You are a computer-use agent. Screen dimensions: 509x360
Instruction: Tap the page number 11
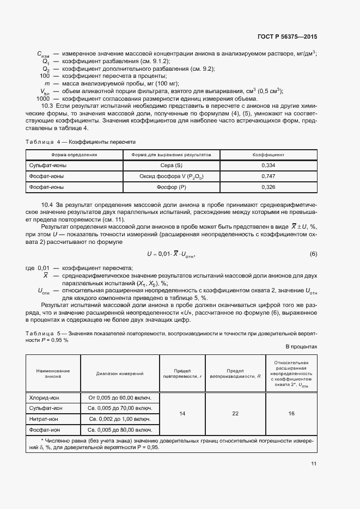(x=314, y=464)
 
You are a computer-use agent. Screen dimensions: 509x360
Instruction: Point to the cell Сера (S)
(x=172, y=165)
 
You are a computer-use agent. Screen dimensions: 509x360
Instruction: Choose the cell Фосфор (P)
(x=172, y=187)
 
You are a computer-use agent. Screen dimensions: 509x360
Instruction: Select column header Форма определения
(x=71, y=155)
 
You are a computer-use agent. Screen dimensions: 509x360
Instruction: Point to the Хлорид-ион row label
(x=45, y=398)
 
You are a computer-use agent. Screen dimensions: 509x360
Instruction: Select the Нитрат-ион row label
(x=45, y=419)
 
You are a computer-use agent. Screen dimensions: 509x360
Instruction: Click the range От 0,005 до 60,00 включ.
(x=119, y=398)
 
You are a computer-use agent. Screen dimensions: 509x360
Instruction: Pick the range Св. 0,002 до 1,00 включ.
(x=119, y=419)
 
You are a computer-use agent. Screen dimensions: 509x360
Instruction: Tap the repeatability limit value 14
(x=182, y=414)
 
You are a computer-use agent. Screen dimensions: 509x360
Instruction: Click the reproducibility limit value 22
(x=235, y=414)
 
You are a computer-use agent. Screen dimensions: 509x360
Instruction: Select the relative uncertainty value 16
(x=291, y=414)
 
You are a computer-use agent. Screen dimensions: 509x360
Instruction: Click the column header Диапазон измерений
(x=119, y=374)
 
